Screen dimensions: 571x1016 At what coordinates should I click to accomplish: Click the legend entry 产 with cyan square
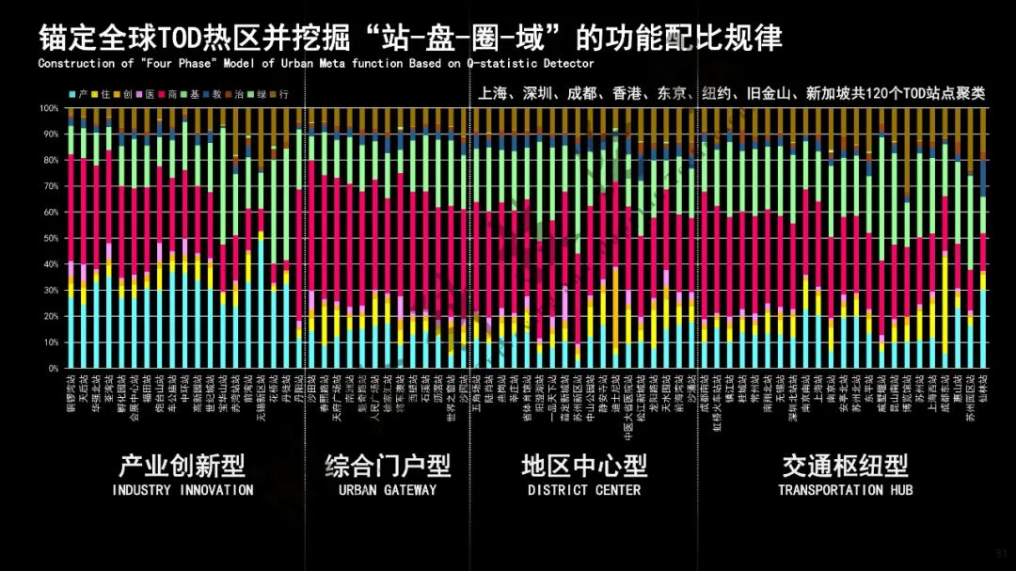(80, 95)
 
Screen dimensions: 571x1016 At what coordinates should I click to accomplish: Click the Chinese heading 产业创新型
(183, 466)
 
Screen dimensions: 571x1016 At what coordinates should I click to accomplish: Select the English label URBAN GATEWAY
(388, 490)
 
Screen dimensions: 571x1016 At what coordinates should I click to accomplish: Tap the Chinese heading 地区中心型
(584, 466)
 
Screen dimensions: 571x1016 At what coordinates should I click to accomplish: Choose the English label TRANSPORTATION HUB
(845, 490)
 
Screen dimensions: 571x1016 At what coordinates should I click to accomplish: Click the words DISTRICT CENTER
(584, 490)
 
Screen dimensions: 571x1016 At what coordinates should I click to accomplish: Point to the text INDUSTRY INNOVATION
(183, 490)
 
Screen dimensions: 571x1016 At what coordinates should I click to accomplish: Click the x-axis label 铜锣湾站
(71, 391)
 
